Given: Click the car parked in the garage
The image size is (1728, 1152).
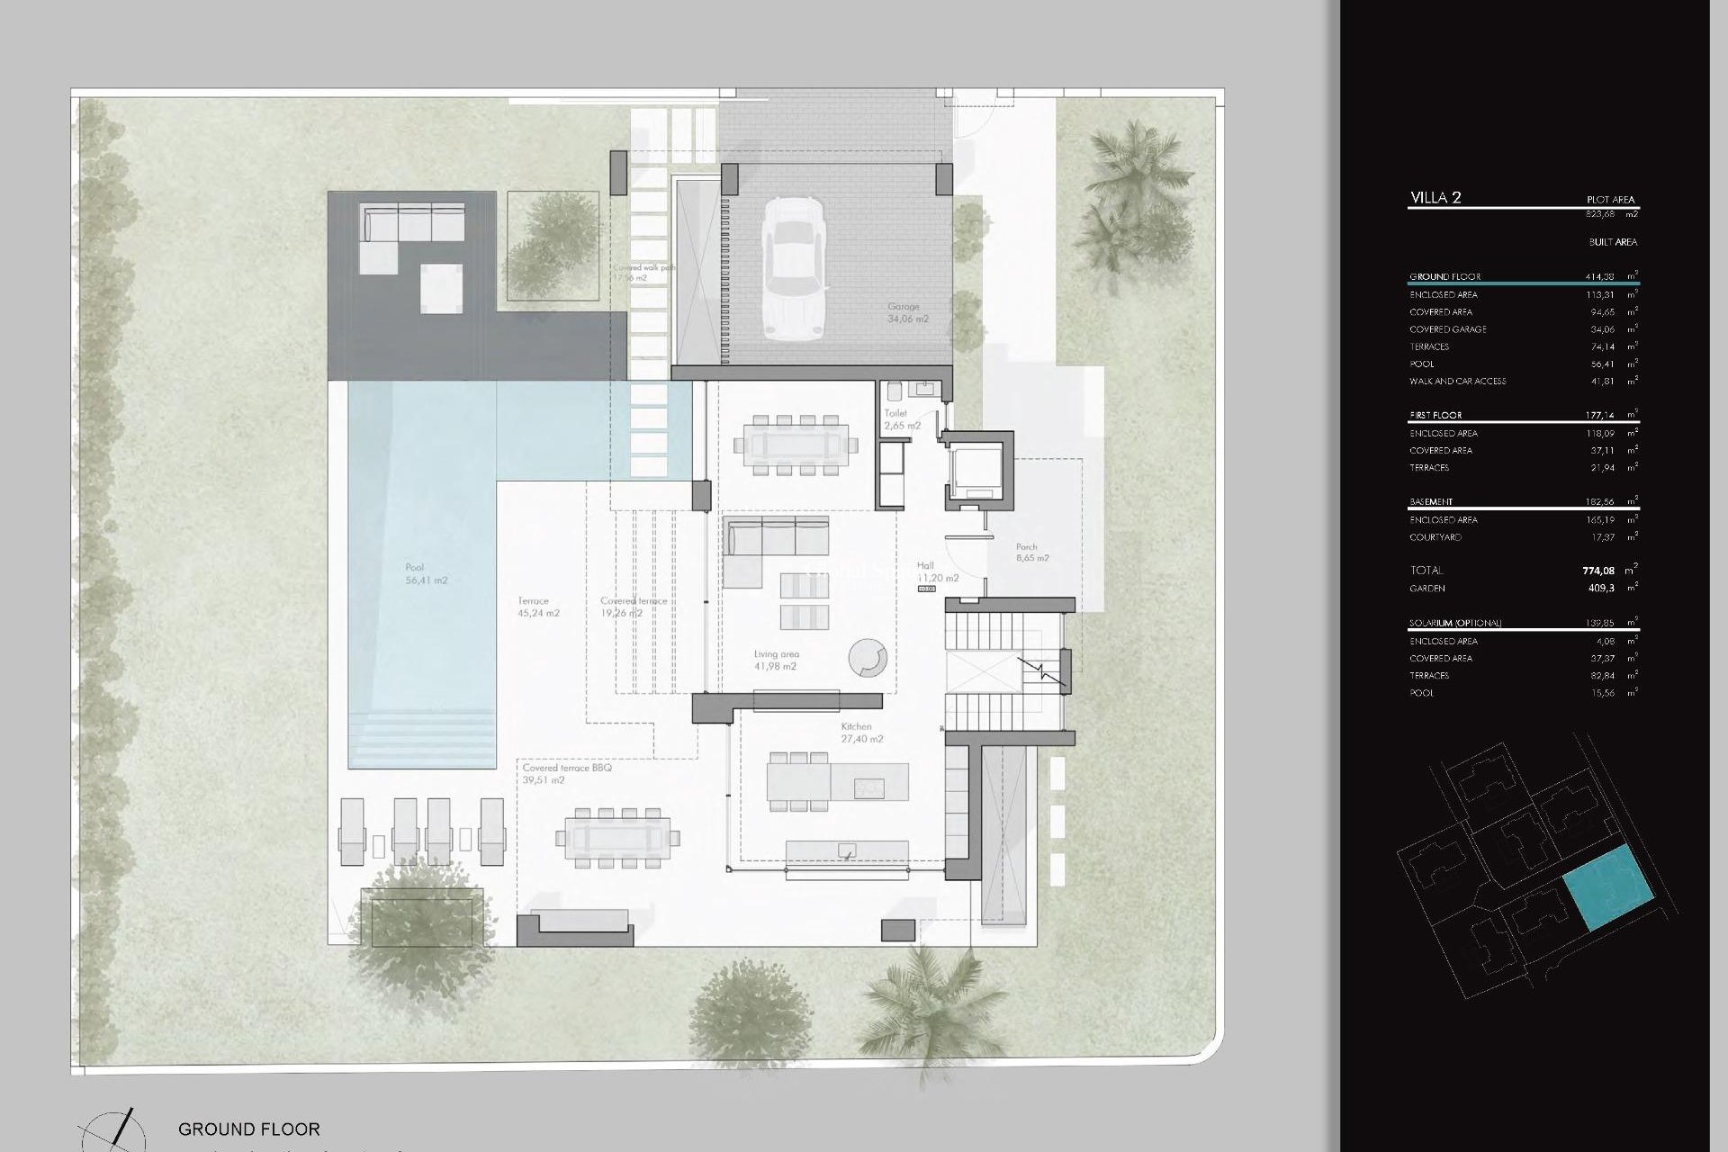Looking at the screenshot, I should click(x=795, y=267).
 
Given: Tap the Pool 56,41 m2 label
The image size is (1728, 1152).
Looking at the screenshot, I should click(x=426, y=574).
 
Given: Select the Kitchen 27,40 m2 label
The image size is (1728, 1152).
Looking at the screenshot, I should click(x=861, y=733).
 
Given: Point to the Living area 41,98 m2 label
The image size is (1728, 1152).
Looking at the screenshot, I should click(x=776, y=661).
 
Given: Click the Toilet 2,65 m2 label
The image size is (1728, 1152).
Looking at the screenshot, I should click(x=901, y=419).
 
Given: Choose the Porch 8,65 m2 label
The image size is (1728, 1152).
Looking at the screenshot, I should click(x=1031, y=553).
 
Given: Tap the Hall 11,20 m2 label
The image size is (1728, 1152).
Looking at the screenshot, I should click(x=937, y=572).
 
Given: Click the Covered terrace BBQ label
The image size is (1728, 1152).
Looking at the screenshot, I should click(x=567, y=774).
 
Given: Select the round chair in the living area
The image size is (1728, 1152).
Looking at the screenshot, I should click(x=868, y=658).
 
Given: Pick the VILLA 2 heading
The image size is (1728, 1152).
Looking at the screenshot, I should click(x=1435, y=198).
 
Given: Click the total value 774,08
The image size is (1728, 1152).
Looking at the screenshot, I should click(x=1597, y=571).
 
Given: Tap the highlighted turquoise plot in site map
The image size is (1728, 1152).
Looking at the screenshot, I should click(x=1607, y=887).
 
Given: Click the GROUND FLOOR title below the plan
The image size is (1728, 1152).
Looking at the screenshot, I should click(x=248, y=1129).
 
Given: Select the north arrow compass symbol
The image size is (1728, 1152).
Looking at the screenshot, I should click(x=112, y=1130).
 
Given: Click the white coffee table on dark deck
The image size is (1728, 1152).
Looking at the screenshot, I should click(x=441, y=287).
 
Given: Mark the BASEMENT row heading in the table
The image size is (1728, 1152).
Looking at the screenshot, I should click(x=1431, y=502).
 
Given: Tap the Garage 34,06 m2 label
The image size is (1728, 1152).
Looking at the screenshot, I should click(x=907, y=313).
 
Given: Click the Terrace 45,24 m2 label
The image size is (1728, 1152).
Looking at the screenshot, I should click(x=538, y=607).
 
